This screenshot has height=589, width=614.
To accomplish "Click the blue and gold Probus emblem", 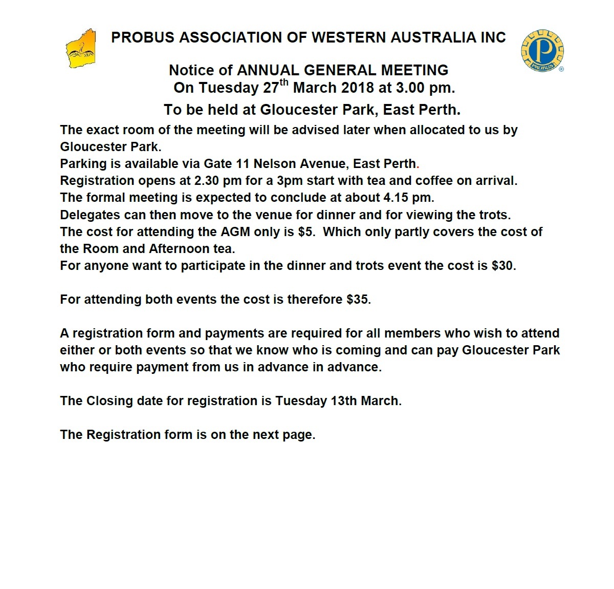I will coord(542,51).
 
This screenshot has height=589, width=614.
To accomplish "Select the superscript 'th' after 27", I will coord(284,82).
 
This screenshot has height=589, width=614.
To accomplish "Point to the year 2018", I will coord(358,88).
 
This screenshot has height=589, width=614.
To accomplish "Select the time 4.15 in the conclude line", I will coord(398,198).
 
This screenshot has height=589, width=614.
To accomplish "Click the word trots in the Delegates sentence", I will coord(493,215).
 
